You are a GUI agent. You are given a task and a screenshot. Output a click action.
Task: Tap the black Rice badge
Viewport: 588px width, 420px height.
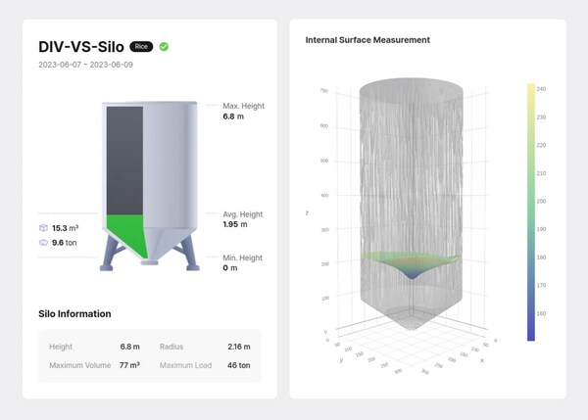pyautogui.click(x=142, y=46)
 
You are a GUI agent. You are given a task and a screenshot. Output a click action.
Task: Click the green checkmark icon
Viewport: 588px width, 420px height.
pyautogui.click(x=165, y=46)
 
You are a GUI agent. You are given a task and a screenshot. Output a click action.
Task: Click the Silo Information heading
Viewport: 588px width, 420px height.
pyautogui.click(x=74, y=314)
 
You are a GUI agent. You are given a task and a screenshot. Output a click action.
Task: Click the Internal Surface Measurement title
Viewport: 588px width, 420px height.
pyautogui.click(x=367, y=40)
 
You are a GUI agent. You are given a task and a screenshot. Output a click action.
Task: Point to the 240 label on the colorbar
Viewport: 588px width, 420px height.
pyautogui.click(x=541, y=87)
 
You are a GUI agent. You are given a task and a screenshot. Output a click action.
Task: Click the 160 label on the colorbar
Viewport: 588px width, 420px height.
pyautogui.click(x=541, y=313)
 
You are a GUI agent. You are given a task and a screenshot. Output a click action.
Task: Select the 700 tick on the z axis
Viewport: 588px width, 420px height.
pyautogui.click(x=323, y=90)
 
